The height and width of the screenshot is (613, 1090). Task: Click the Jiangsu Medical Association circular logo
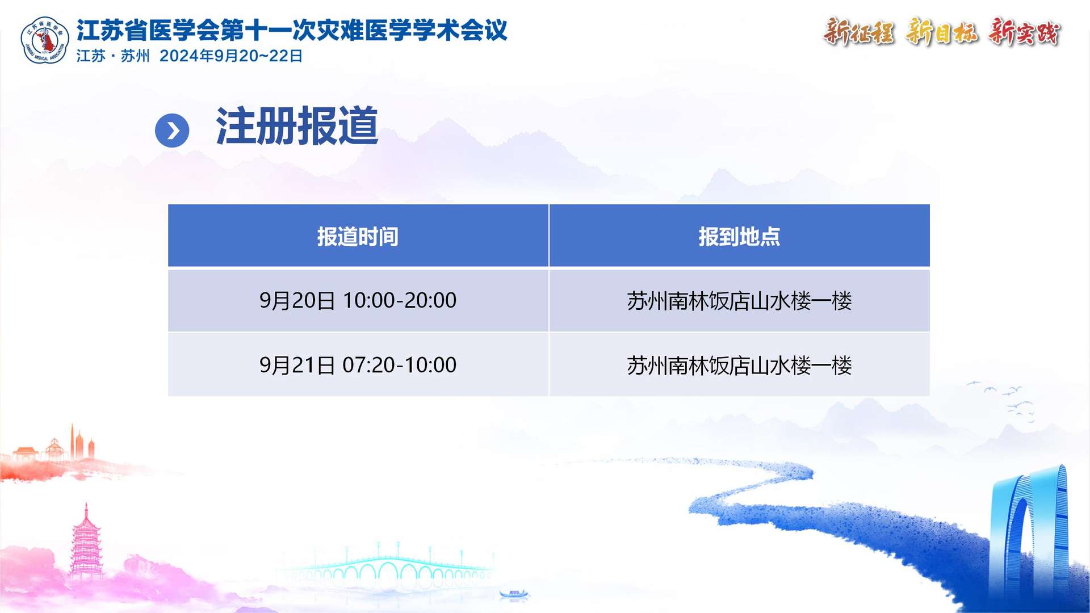tap(45, 40)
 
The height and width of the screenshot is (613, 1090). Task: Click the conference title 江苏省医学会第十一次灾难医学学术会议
tap(292, 30)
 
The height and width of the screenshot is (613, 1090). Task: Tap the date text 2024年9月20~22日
tap(231, 56)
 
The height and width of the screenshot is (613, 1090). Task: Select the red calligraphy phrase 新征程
tap(858, 32)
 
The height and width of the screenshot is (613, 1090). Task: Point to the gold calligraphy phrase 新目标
tap(941, 32)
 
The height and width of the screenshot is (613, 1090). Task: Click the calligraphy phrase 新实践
tap(1024, 32)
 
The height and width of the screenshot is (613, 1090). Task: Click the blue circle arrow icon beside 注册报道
tap(172, 131)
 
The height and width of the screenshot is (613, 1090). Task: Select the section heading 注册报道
tap(297, 126)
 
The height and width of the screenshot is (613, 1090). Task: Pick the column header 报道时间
tap(358, 237)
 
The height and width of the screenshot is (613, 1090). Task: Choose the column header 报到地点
tap(739, 237)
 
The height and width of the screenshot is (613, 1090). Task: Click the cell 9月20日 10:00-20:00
tap(358, 300)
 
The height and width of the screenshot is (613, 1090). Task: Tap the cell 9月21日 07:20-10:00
tap(358, 365)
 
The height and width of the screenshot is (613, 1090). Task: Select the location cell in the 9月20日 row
tap(739, 301)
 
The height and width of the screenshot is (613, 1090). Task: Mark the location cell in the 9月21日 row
tap(739, 366)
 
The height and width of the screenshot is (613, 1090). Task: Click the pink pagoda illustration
tap(86, 542)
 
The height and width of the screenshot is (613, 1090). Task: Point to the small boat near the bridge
tap(514, 594)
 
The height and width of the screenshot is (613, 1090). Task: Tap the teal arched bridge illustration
tap(386, 568)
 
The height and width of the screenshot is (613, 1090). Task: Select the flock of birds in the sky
tap(1002, 401)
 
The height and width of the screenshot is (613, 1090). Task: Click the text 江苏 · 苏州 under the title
tap(113, 56)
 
